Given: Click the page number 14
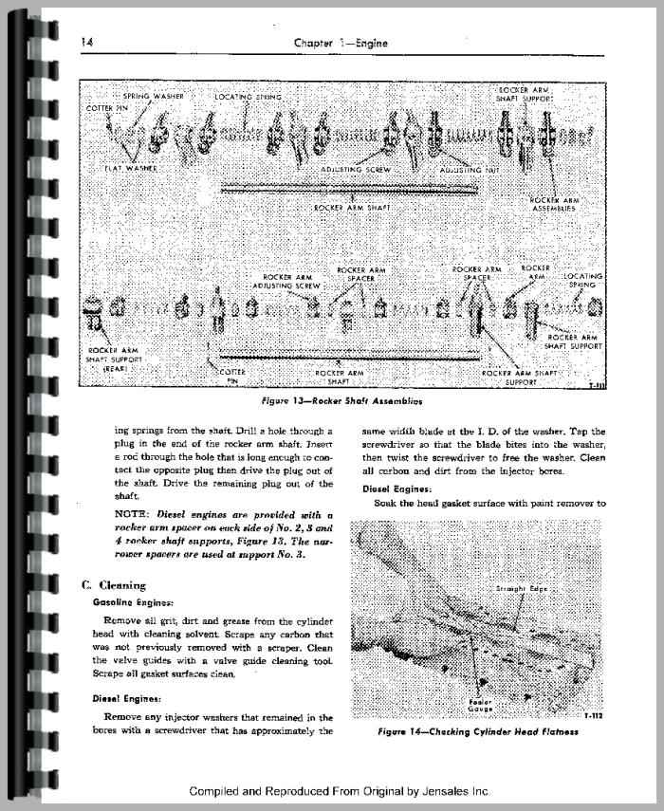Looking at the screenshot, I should pyautogui.click(x=86, y=42).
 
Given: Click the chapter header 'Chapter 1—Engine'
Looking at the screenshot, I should pyautogui.click(x=342, y=42).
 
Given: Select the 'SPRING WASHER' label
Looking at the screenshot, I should pyautogui.click(x=154, y=97).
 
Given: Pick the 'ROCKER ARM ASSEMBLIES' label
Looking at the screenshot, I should pyautogui.click(x=554, y=206).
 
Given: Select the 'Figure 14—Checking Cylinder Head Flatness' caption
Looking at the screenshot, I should pyautogui.click(x=477, y=731).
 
